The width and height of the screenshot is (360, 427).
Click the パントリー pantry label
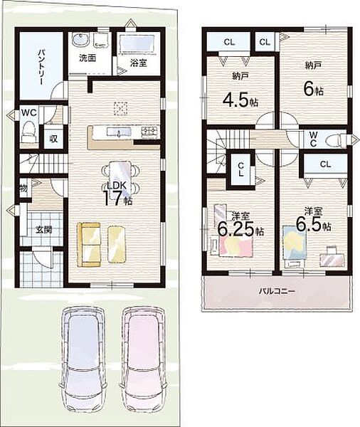tap(41, 67)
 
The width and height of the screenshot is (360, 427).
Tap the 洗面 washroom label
tap(88, 58)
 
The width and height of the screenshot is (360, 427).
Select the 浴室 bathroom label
tap(139, 63)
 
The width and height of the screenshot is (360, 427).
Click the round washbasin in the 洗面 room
tap(80, 40)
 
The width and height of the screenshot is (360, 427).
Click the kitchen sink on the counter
tap(118, 132)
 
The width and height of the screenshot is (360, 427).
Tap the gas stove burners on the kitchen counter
tap(149, 132)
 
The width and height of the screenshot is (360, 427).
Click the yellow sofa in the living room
tap(89, 245)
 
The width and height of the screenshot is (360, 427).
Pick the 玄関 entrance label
tap(43, 230)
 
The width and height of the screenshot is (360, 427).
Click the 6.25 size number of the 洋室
tap(236, 230)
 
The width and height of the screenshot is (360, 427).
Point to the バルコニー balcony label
tap(277, 291)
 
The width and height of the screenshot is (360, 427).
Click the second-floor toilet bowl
tap(335, 140)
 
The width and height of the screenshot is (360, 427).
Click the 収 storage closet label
tap(53, 139)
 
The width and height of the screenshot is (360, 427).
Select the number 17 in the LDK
tap(112, 199)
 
